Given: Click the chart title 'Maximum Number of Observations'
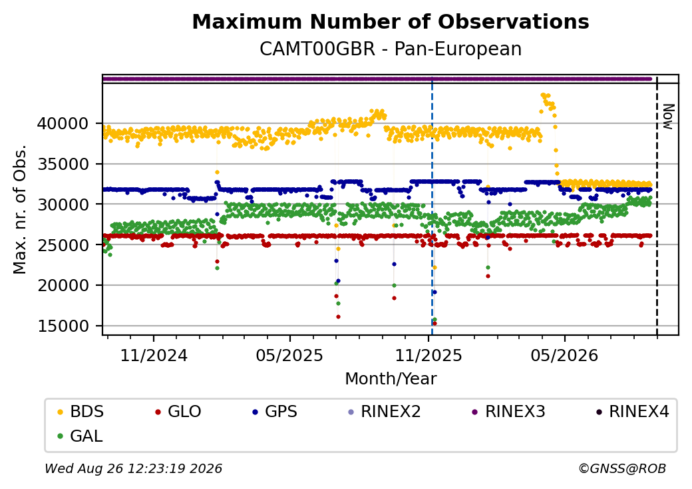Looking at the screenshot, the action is pyautogui.click(x=391, y=21).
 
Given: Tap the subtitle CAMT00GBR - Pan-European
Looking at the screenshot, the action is pyautogui.click(x=391, y=49).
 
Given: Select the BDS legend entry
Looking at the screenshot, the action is pyautogui.click(x=81, y=412).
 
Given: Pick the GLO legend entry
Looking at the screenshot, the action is pyautogui.click(x=178, y=412).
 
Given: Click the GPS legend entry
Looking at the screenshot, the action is pyautogui.click(x=275, y=412).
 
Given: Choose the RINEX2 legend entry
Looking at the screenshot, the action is pyautogui.click(x=385, y=412).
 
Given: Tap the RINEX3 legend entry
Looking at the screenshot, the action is pyautogui.click(x=509, y=412).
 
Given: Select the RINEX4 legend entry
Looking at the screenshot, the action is pyautogui.click(x=632, y=412).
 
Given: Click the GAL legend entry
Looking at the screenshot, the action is pyautogui.click(x=81, y=436).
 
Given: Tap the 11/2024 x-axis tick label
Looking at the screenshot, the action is pyautogui.click(x=154, y=355).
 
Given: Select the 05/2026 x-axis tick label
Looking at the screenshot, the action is pyautogui.click(x=564, y=355).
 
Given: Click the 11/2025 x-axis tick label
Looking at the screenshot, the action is pyautogui.click(x=428, y=355).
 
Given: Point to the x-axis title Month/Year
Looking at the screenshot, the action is pyautogui.click(x=391, y=379).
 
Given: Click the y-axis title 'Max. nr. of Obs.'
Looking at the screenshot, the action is pyautogui.click(x=20, y=209).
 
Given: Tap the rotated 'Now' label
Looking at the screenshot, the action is pyautogui.click(x=669, y=117).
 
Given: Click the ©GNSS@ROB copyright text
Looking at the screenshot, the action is pyautogui.click(x=622, y=468).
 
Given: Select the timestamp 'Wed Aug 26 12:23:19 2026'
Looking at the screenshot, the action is pyautogui.click(x=134, y=468).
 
